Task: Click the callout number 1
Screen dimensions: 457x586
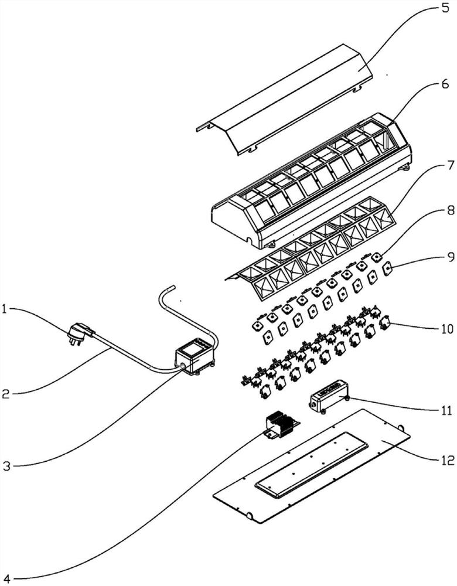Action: tap(4, 309)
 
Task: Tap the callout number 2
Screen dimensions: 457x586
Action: tap(5, 394)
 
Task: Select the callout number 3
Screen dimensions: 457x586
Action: tap(6, 466)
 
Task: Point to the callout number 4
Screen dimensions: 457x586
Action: tap(6, 578)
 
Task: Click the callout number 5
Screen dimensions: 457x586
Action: tap(445, 8)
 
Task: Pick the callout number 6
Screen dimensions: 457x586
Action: tap(445, 84)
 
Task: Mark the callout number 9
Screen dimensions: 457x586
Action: tap(451, 257)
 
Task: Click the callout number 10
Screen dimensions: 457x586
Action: tap(448, 329)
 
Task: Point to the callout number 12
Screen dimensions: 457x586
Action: tap(446, 459)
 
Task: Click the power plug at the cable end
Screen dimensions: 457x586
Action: tap(80, 333)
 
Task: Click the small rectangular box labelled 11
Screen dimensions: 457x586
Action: tap(328, 396)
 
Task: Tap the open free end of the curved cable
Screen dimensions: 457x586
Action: tap(172, 287)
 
